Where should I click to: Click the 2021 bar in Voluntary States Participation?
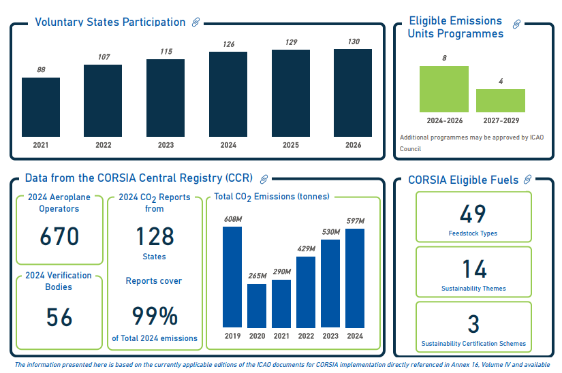tap(41, 107)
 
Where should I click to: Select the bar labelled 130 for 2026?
tap(353, 93)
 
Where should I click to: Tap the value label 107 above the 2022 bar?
tap(104, 56)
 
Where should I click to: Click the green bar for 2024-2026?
tap(444, 89)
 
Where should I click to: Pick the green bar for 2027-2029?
tap(501, 101)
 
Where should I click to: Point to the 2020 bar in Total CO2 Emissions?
tap(257, 306)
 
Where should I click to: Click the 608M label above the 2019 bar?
tap(232, 219)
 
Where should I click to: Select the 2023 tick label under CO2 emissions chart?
tap(330, 336)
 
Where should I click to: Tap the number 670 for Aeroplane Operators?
tap(59, 237)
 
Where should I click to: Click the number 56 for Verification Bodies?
tap(59, 318)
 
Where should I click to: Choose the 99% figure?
tap(155, 317)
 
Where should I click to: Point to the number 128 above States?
tap(155, 236)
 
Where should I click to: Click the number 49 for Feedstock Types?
tap(473, 214)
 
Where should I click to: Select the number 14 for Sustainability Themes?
tap(473, 269)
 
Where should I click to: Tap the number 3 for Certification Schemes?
tap(473, 324)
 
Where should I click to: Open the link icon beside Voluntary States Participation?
tap(196, 22)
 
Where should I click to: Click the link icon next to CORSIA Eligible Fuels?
tap(526, 180)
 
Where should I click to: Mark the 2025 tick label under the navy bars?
tap(290, 145)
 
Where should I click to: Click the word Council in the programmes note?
tap(410, 148)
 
